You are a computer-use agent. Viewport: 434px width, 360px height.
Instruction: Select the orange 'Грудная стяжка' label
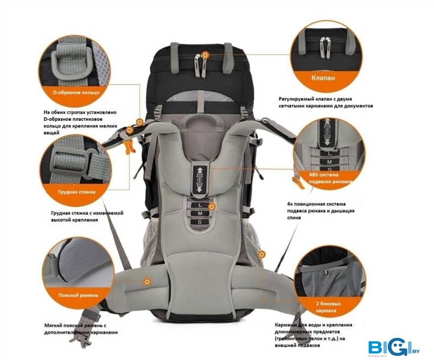click(x=76, y=192)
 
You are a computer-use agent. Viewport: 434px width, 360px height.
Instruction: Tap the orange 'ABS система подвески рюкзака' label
click(x=324, y=178)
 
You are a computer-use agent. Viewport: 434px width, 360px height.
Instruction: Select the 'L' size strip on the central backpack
click(x=200, y=204)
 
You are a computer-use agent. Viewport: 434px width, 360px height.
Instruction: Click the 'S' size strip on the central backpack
click(x=200, y=222)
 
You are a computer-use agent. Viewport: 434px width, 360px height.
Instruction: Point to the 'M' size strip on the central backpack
click(x=200, y=213)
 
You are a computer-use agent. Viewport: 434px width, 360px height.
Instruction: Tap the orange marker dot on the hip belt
click(x=148, y=281)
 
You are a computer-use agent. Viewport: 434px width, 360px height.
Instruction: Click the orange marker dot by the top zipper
click(x=205, y=54)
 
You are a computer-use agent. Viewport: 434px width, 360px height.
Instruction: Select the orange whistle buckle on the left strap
click(x=129, y=146)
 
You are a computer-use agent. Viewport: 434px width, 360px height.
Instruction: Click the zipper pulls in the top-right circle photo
click(x=325, y=46)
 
